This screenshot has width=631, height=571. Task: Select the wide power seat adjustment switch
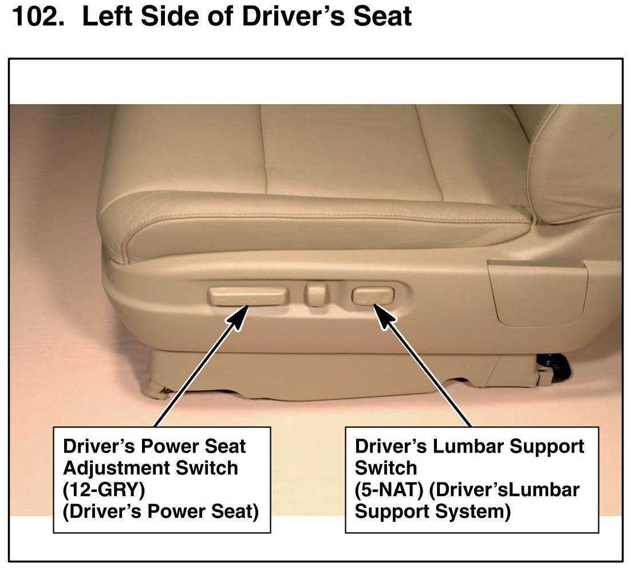[249, 296]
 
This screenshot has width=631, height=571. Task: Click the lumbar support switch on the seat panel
[373, 296]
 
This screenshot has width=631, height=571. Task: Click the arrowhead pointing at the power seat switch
[239, 317]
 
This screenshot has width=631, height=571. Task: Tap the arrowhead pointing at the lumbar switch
[384, 316]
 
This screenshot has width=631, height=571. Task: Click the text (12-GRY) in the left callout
[104, 490]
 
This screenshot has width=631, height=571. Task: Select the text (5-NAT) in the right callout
[389, 490]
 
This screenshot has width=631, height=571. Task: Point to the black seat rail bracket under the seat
[555, 366]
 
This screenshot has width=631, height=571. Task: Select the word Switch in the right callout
[385, 468]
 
